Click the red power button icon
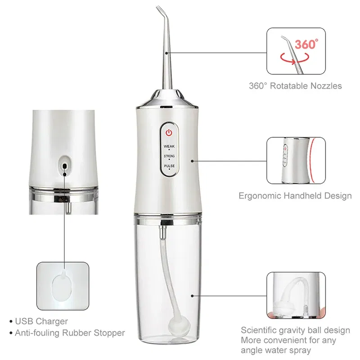point(169,133)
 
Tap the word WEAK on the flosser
point(169,146)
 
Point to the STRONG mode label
point(169,156)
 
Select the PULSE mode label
point(169,166)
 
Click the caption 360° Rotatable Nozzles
point(296,85)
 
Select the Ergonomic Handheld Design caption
point(295,196)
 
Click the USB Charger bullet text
point(41,321)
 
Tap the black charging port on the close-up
point(65,166)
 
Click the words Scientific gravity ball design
point(295,330)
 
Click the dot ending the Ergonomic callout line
point(193,160)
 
